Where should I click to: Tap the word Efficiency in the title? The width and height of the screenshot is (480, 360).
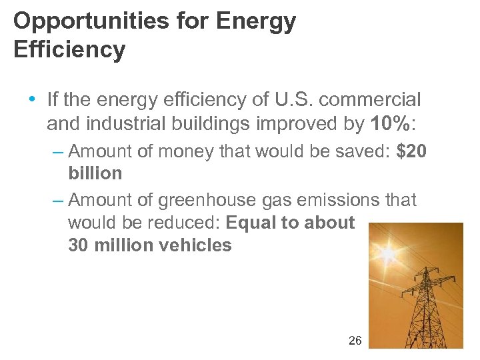pos(69,50)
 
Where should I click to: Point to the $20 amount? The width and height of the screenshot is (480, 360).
pos(411,151)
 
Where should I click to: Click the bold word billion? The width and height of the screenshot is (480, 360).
pos(95,173)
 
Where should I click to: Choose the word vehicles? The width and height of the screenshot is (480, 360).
pos(197,245)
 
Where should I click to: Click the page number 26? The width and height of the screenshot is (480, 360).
pos(355,341)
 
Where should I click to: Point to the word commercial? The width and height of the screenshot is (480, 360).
pos(381,100)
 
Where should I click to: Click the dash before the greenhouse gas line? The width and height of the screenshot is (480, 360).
pos(58,200)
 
